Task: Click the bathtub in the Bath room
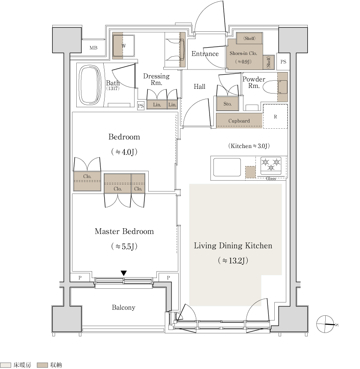click(90, 85)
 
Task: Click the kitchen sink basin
click(227, 167)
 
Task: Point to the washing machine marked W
click(123, 45)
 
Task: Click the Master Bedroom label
click(124, 231)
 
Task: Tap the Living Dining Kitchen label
click(233, 245)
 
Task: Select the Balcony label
click(123, 307)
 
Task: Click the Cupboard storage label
click(239, 121)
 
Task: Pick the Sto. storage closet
click(228, 104)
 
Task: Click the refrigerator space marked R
click(275, 116)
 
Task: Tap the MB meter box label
click(93, 48)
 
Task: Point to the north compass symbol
click(325, 324)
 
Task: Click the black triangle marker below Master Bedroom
click(123, 273)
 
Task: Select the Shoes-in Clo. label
click(243, 54)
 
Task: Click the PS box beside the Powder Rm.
click(283, 62)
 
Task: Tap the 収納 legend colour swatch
click(42, 365)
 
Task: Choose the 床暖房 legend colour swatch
click(6, 365)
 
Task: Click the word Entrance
click(205, 54)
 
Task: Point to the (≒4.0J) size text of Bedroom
click(124, 152)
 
